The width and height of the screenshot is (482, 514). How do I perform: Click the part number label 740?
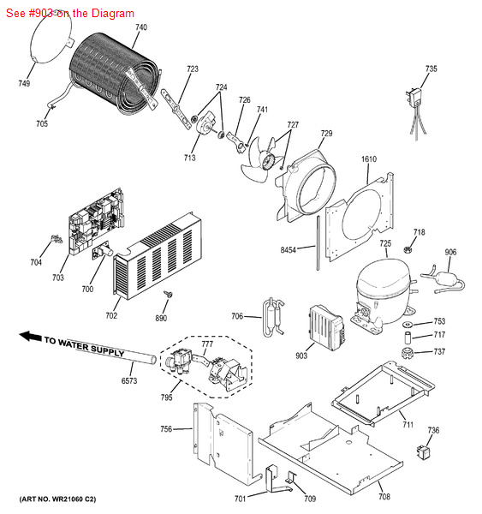click(140, 27)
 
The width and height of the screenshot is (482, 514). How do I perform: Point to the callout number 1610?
click(369, 160)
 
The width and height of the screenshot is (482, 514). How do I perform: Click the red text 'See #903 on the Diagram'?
click(68, 14)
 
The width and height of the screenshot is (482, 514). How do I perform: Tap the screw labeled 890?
click(169, 296)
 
